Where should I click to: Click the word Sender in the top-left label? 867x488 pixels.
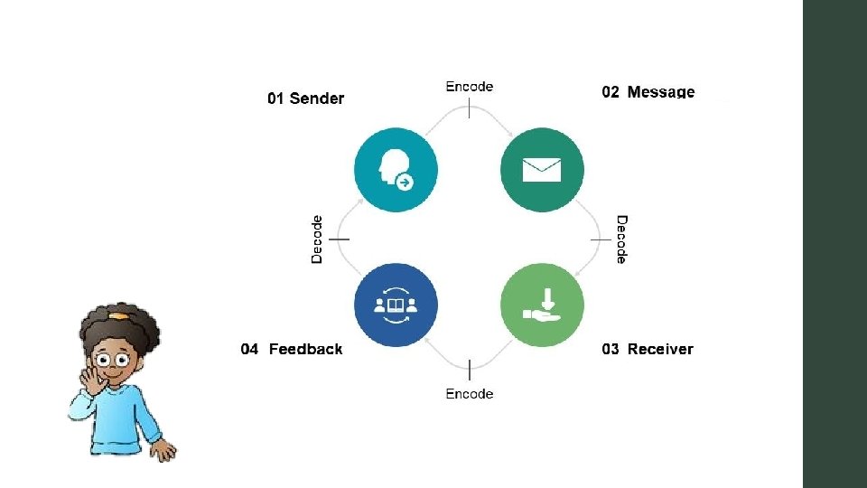coord(316,99)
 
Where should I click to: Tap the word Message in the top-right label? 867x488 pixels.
coord(661,92)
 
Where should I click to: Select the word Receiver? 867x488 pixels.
coord(660,349)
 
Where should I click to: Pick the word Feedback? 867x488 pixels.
coord(305,349)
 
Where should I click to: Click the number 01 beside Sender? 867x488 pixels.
coord(275,99)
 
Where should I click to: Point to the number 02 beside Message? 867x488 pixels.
coord(611,92)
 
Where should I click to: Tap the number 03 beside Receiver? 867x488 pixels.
coord(611,349)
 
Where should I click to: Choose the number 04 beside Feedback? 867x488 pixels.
coord(250,349)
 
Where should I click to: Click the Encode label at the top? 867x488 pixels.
coord(470,87)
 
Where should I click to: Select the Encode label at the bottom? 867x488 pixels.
coord(470,393)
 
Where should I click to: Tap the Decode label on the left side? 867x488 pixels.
coord(317,239)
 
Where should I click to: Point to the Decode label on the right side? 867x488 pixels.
coord(621,239)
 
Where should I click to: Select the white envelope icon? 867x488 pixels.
coord(542,169)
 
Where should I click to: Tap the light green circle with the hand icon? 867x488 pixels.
coord(542,305)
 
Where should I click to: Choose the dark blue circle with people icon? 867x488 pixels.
coord(396,305)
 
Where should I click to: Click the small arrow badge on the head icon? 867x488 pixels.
coord(406,183)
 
